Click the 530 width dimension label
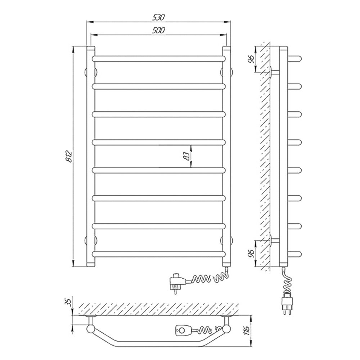point(159,17)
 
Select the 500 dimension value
point(159,30)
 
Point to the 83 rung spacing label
point(187,156)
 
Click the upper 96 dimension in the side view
point(252,59)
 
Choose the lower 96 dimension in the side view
point(252,253)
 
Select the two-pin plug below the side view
point(287,303)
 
